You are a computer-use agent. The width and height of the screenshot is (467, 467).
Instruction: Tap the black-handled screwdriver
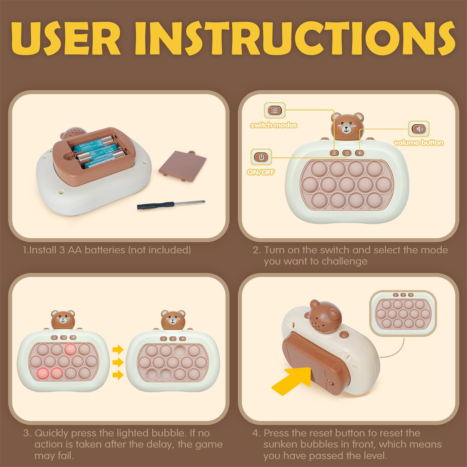(x=171, y=205)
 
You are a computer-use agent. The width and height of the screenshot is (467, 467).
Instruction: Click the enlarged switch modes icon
(x=274, y=111)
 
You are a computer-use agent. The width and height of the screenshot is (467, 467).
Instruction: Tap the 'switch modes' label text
(x=274, y=125)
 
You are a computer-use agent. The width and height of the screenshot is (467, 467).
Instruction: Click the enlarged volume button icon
(x=419, y=129)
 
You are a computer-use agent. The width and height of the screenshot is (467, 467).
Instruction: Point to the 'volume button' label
(x=419, y=143)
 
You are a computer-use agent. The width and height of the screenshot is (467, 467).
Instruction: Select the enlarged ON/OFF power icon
(x=261, y=157)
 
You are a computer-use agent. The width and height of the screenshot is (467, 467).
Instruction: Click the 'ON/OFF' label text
(x=261, y=172)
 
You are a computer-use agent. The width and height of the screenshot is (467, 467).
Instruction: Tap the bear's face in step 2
(x=347, y=127)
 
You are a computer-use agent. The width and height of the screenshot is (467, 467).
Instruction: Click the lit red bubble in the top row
(x=70, y=349)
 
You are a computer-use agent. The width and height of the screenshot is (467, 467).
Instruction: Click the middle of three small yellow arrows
(x=118, y=362)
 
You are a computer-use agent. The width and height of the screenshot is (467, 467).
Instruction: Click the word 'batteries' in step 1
(x=105, y=250)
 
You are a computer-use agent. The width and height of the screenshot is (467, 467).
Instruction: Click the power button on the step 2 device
(x=347, y=153)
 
